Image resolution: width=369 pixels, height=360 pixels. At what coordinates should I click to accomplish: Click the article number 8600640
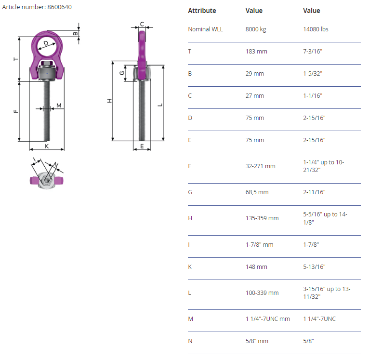click(x=59, y=7)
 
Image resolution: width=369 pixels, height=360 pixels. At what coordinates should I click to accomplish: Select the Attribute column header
click(x=202, y=11)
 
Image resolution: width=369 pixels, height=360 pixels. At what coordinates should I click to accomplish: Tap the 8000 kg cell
click(x=256, y=29)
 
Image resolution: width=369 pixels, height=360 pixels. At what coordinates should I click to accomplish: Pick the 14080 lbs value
click(x=316, y=29)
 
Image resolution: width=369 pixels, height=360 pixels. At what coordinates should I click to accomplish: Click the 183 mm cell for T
click(x=256, y=52)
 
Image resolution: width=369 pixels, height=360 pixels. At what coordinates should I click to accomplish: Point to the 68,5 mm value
click(x=257, y=192)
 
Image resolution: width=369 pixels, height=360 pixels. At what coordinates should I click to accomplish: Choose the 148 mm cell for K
click(x=256, y=267)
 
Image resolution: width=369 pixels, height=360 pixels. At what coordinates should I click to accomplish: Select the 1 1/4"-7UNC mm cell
click(x=267, y=319)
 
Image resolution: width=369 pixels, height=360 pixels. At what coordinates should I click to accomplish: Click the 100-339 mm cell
click(x=262, y=293)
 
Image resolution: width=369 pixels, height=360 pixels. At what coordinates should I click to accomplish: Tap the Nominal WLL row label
click(x=205, y=29)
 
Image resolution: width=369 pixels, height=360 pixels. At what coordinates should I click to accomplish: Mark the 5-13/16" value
click(x=314, y=267)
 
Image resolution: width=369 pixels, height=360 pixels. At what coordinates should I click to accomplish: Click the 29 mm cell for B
click(x=255, y=73)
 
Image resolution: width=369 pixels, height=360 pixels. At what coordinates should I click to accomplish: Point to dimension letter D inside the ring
click(x=46, y=43)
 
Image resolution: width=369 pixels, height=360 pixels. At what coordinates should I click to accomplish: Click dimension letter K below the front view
click(x=47, y=146)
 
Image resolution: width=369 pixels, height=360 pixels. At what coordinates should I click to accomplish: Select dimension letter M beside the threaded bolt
click(x=59, y=105)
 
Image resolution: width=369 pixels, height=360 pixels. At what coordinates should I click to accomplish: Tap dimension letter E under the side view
click(x=142, y=146)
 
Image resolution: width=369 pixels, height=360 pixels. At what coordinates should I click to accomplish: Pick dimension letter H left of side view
click(x=109, y=101)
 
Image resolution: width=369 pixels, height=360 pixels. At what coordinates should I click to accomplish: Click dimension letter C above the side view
click(x=142, y=24)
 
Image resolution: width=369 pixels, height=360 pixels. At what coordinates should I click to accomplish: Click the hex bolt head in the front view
click(x=47, y=63)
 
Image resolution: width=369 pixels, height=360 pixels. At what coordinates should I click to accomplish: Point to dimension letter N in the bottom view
click(x=56, y=164)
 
